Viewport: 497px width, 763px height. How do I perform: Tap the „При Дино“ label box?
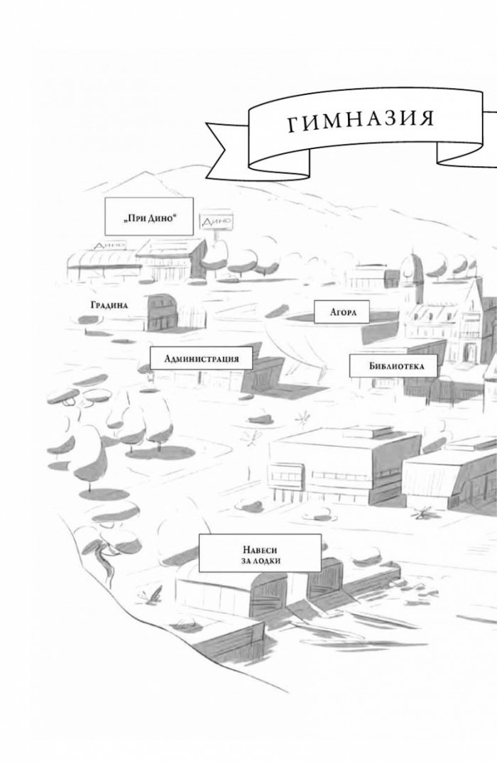coord(149,216)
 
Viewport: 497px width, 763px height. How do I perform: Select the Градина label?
coord(109,305)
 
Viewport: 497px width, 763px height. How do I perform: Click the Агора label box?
coord(342,312)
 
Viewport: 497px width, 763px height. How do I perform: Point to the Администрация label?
coord(202,358)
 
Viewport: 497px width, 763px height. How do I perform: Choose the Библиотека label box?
coord(393,366)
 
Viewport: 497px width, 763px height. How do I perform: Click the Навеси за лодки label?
coord(260,554)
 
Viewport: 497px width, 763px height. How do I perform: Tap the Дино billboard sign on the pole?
coord(216,222)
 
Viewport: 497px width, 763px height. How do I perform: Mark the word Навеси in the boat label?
coord(260,549)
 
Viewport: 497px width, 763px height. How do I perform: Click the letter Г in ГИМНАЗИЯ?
coord(294,125)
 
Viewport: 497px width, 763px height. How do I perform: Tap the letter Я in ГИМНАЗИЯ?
coord(425,118)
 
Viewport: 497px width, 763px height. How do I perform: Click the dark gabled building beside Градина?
coord(163,312)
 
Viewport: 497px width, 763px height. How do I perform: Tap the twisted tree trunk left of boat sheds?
coord(103,559)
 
